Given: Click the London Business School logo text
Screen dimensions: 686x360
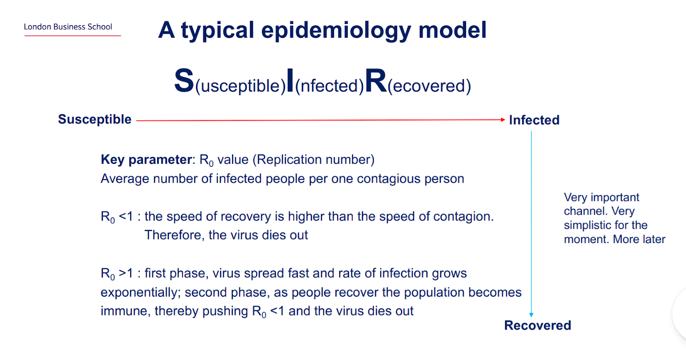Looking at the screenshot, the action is click(x=68, y=27).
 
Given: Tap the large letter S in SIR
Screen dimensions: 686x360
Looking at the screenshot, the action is click(x=184, y=81).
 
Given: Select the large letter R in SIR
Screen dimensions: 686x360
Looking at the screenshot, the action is click(x=376, y=81).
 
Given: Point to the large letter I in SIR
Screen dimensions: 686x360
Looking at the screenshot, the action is click(x=290, y=81).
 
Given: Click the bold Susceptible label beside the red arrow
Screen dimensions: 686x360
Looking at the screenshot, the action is click(x=95, y=120).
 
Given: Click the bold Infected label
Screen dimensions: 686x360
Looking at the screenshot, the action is click(x=534, y=120).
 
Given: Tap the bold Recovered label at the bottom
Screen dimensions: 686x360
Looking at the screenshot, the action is click(x=538, y=325).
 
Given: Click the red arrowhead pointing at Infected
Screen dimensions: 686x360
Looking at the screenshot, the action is click(x=503, y=120).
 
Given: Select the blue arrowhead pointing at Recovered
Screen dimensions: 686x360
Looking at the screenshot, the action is click(x=531, y=315).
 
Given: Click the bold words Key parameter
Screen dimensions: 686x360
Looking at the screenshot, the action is click(x=146, y=160).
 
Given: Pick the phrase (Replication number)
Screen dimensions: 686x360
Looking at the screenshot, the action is click(x=313, y=160).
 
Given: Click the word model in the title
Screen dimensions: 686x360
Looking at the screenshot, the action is click(x=452, y=30).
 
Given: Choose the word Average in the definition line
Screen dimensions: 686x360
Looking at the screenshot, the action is click(x=125, y=179).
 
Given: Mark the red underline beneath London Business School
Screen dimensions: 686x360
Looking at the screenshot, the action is click(x=72, y=36).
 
